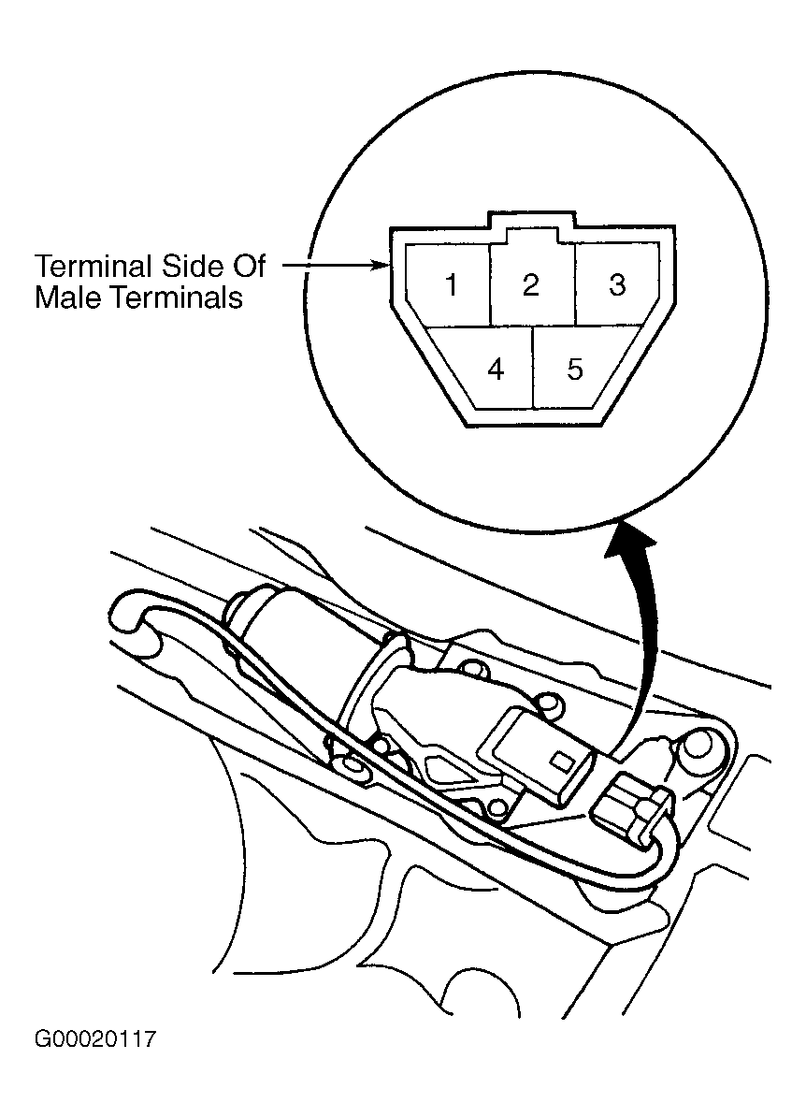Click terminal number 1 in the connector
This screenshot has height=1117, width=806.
tap(450, 285)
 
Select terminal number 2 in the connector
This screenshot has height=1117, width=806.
tap(530, 285)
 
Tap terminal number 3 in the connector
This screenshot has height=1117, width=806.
tap(616, 285)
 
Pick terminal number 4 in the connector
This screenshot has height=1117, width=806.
tap(497, 369)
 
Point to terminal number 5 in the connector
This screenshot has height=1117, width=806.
tap(575, 369)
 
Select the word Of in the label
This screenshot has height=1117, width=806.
tap(246, 267)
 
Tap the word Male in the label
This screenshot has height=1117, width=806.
tap(67, 297)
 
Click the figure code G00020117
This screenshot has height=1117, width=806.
tap(94, 1038)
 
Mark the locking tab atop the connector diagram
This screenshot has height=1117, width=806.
tap(531, 220)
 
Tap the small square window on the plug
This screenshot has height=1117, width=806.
tap(563, 760)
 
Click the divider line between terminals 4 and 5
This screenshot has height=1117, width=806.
tap(533, 368)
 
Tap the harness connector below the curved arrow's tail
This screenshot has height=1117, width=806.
tap(630, 811)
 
